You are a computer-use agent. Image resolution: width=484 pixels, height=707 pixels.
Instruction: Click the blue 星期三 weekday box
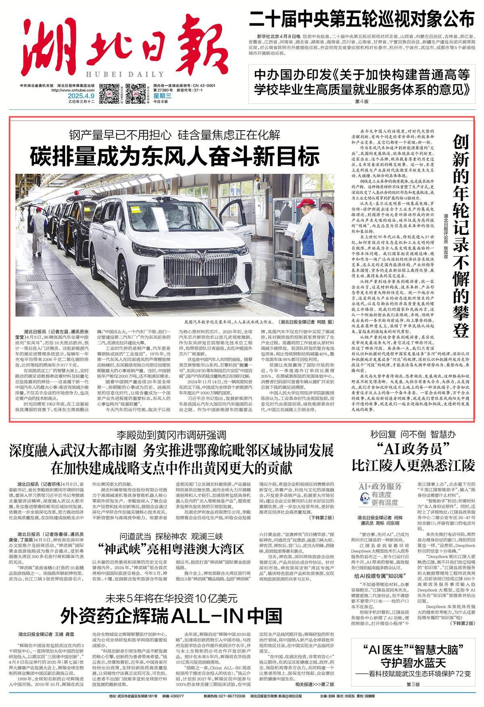point(163,96)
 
